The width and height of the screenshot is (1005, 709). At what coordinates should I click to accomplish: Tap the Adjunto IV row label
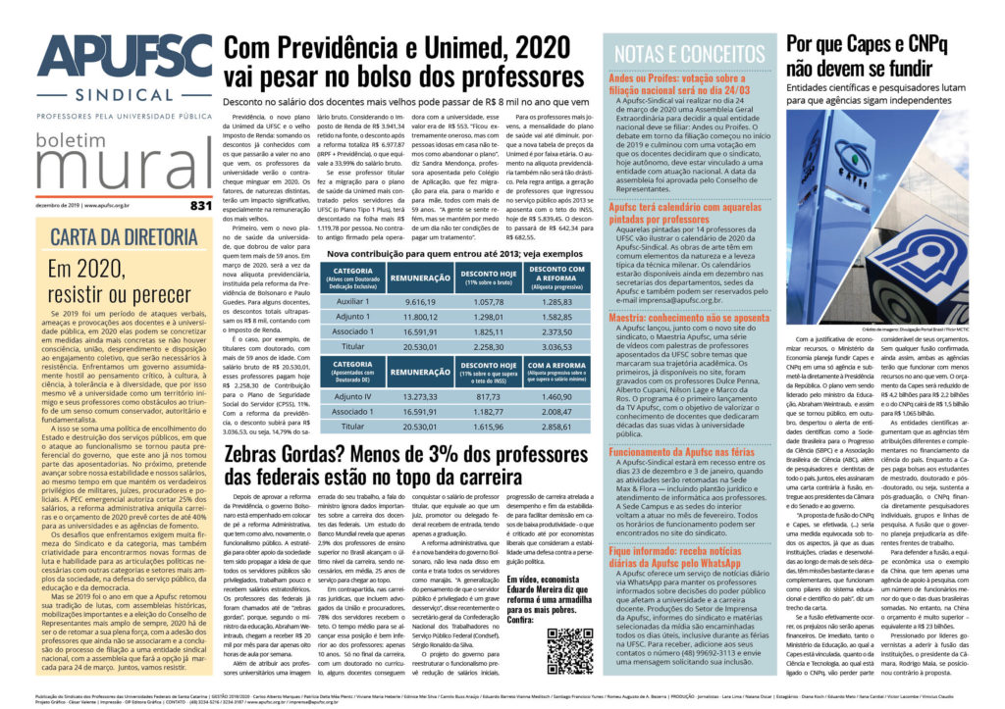click(269, 396)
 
